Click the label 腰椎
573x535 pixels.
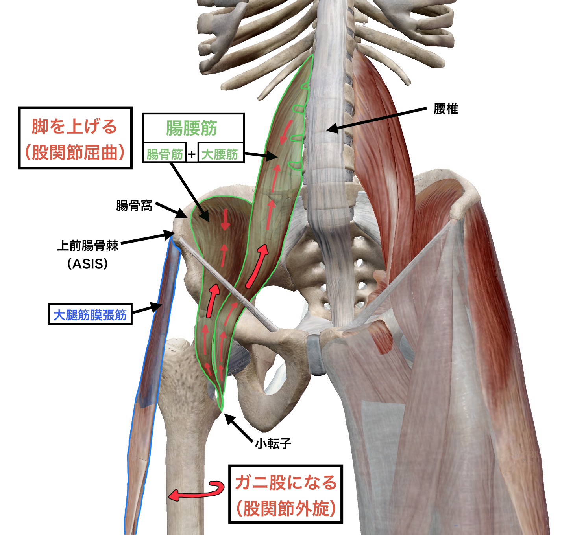[446, 109]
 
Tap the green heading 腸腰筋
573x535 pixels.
[192, 128]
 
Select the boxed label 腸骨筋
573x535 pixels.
[165, 154]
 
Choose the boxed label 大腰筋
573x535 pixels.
[220, 154]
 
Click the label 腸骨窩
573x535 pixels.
[134, 205]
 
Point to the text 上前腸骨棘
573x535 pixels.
[88, 246]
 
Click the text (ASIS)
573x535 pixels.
[87, 264]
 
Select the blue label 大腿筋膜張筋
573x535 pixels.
[90, 314]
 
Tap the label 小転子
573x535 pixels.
[273, 444]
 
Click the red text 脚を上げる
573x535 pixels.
[75, 127]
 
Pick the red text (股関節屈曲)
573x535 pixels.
[75, 153]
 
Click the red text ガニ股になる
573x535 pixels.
[286, 482]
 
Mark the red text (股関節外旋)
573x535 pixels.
[286, 509]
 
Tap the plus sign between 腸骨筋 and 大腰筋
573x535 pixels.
[192, 154]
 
